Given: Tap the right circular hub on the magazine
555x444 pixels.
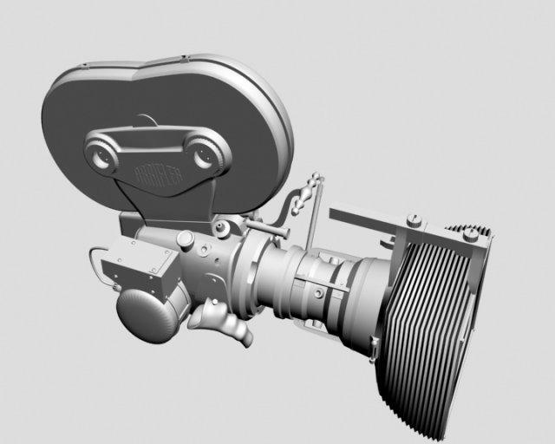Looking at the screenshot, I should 205,156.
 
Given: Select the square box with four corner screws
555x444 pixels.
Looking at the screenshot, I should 138,264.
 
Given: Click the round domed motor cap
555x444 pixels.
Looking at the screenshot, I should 146,316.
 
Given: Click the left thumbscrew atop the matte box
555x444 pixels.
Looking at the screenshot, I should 415,220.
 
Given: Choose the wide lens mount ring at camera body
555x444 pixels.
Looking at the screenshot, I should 253,269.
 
